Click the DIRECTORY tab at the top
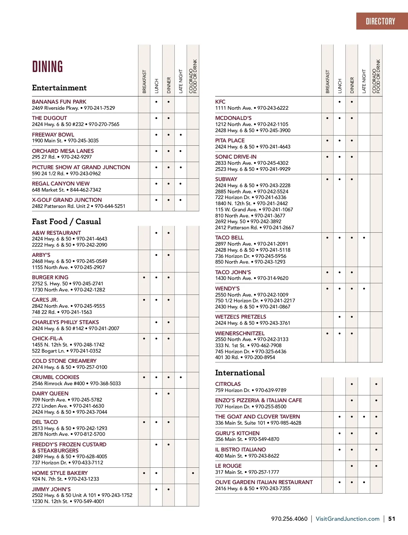click(380, 21)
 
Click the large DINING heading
click(48, 67)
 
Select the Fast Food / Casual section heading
click(66, 221)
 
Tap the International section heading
click(240, 373)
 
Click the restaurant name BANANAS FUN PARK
click(59, 102)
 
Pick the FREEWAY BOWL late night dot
click(181, 135)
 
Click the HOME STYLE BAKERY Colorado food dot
click(193, 473)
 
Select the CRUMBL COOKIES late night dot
click(181, 377)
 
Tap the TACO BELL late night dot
click(364, 238)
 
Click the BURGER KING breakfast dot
click(144, 278)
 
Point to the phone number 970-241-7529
click(99, 108)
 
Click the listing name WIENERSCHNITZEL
click(240, 333)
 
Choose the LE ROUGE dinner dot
click(352, 466)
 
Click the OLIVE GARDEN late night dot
click(364, 482)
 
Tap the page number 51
click(392, 519)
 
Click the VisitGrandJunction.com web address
click(347, 519)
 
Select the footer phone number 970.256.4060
click(289, 519)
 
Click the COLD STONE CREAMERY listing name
click(64, 361)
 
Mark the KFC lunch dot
click(339, 102)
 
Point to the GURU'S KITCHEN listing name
click(237, 433)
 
